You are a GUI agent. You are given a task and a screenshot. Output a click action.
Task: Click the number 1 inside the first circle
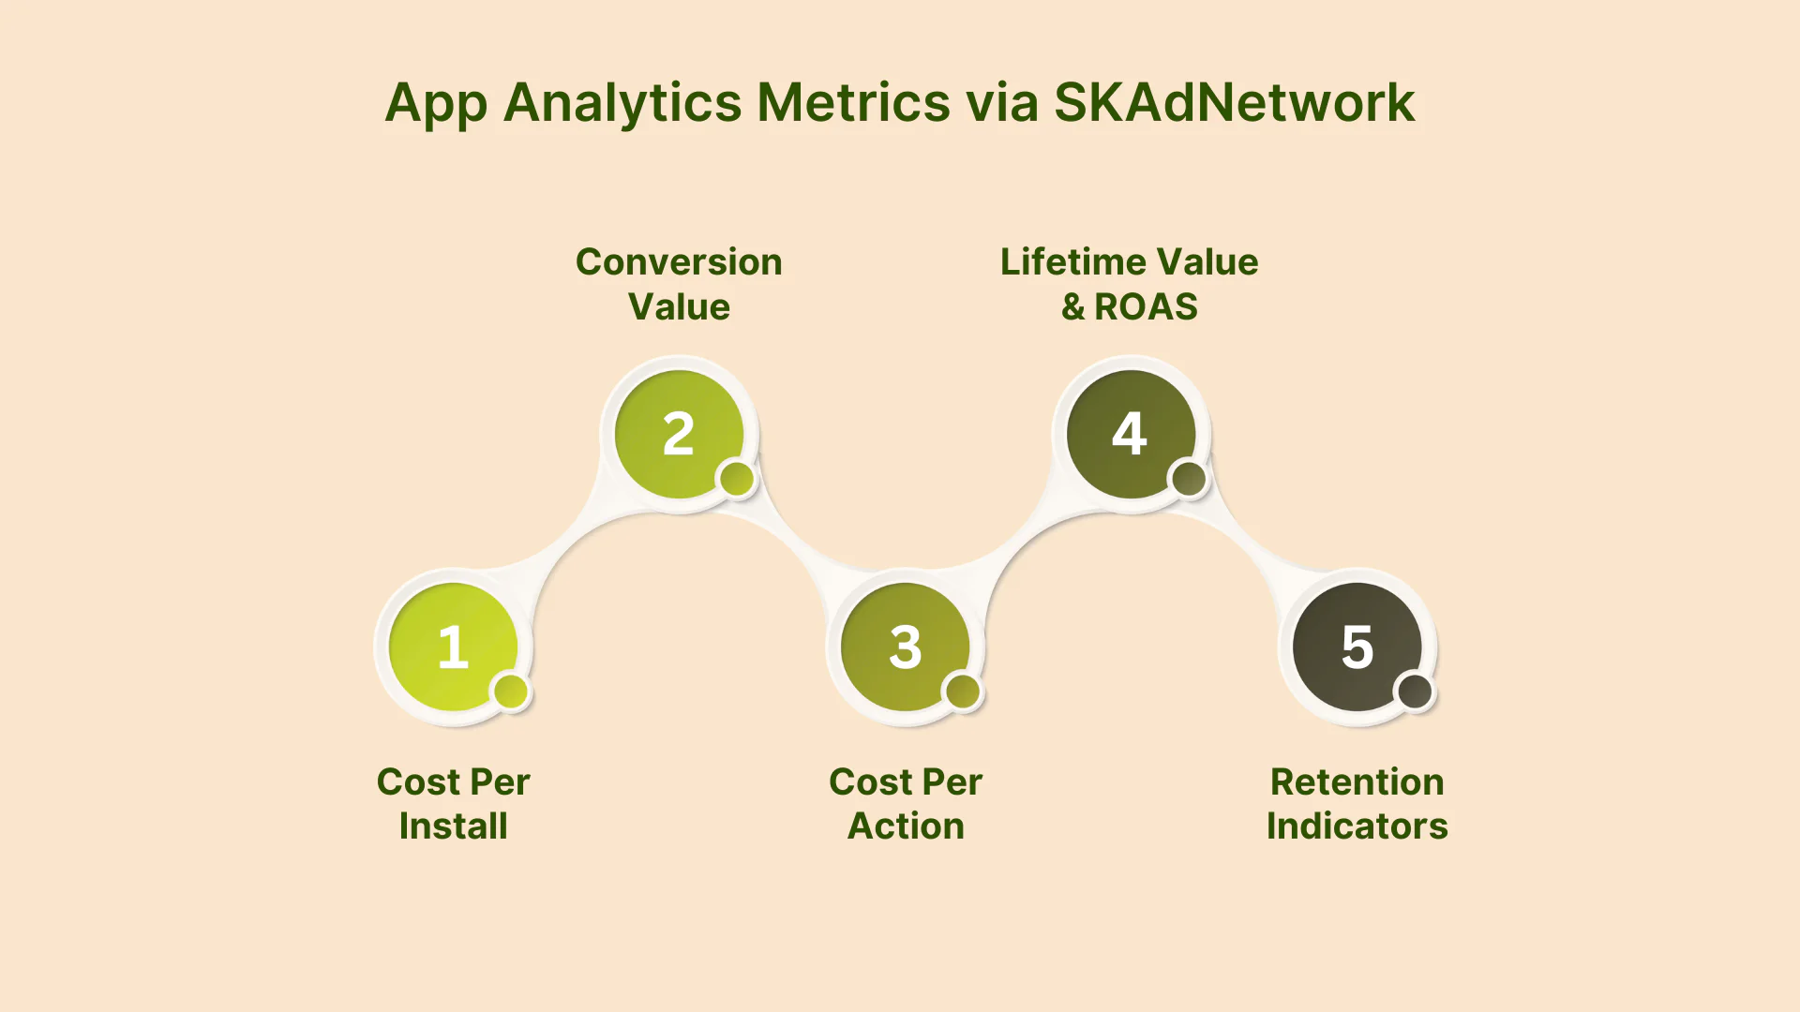(453, 647)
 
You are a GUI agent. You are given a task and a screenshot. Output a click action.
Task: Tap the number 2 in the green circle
(679, 434)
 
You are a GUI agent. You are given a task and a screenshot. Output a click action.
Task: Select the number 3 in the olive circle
(906, 647)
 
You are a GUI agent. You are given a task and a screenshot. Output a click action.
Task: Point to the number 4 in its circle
(1130, 434)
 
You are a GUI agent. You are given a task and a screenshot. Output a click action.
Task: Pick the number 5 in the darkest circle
(1357, 647)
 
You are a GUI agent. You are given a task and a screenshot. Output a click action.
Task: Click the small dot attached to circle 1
(511, 692)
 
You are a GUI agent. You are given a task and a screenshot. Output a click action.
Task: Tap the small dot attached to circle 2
(737, 479)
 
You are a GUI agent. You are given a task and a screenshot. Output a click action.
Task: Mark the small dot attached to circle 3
(963, 692)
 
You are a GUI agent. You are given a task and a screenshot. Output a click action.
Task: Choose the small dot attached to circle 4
(1189, 479)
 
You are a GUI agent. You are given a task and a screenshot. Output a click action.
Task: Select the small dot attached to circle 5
(1415, 692)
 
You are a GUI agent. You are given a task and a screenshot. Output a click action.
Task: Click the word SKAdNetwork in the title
(1234, 102)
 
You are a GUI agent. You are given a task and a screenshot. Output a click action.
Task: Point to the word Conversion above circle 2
(679, 261)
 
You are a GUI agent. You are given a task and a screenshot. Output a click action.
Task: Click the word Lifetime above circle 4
(1068, 261)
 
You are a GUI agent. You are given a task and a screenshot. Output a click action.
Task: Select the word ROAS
(1146, 306)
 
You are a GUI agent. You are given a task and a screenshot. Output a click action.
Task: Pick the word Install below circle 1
(453, 826)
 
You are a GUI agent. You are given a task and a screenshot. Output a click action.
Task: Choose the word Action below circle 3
(906, 826)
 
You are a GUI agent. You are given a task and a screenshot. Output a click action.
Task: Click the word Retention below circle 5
(1357, 781)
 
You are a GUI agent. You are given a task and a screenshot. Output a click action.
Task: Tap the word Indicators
(1357, 826)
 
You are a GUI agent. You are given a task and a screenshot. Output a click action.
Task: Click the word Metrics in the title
(853, 102)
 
